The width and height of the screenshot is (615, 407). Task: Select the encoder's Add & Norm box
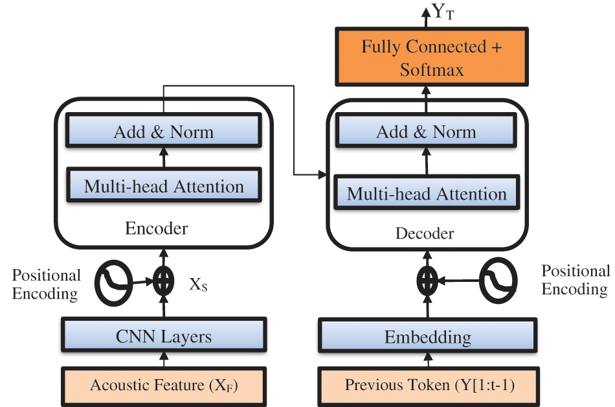[x=163, y=132]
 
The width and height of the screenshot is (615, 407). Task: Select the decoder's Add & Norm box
[x=426, y=132]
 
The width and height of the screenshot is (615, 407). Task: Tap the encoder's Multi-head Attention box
[x=163, y=187]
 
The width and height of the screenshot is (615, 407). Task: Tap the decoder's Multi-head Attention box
[x=426, y=194]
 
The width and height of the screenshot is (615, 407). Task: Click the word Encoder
[x=156, y=228]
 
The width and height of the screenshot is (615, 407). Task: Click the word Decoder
[x=425, y=233]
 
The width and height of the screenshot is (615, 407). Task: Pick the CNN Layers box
[x=163, y=336]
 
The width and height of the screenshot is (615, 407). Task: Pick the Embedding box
[x=427, y=337]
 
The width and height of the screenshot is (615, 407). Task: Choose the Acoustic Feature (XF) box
[x=163, y=386]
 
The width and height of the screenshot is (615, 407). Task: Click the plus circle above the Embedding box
[x=427, y=281]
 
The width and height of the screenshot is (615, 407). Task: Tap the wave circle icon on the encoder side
[x=115, y=283]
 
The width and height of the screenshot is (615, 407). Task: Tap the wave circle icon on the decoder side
[x=499, y=280]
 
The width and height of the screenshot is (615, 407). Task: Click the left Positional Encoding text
[x=46, y=284]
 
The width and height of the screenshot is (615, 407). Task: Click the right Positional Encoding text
[x=575, y=279]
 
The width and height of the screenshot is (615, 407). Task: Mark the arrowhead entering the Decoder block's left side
[x=323, y=174]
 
